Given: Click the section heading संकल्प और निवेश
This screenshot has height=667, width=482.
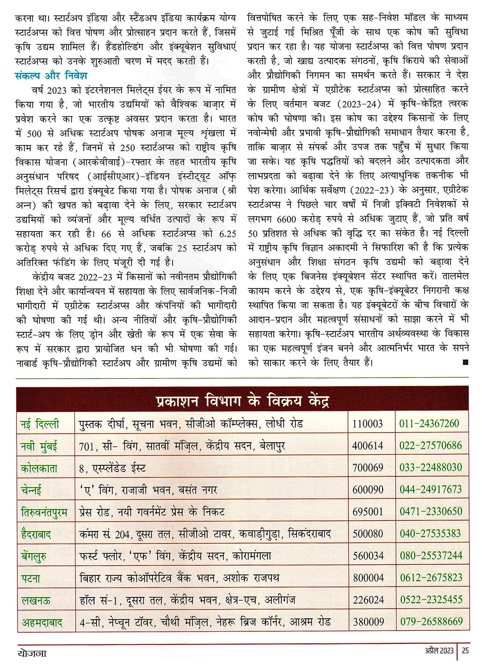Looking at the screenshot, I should tap(51, 76).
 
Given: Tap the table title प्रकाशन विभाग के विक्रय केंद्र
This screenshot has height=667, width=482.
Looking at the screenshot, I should tap(242, 400).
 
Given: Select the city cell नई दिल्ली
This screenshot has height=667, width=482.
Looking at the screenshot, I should tap(40, 424).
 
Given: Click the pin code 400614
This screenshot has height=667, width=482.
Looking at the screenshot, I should tap(368, 446).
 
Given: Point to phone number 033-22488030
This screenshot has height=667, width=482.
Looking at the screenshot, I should tap(430, 467).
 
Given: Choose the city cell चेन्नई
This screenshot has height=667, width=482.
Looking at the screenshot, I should tap(31, 490).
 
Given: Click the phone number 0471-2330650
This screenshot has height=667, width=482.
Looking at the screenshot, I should tap(430, 511).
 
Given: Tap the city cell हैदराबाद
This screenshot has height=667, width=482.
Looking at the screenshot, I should tap(36, 534).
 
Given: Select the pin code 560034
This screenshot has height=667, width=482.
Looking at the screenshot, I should tap(368, 556).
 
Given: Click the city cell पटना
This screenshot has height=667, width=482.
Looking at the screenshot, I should tap(31, 578).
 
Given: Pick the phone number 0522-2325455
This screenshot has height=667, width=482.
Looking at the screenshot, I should tap(430, 599).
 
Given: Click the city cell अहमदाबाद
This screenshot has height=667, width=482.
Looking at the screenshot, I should tap(42, 622).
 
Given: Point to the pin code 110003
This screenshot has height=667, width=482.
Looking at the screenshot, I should tap(368, 424).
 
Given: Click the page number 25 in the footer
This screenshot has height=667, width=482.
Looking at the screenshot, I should tap(465, 651).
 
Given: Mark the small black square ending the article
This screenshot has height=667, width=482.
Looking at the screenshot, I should tap(465, 362).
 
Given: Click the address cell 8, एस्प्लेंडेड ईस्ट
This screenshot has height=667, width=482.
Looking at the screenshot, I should tap(112, 468).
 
